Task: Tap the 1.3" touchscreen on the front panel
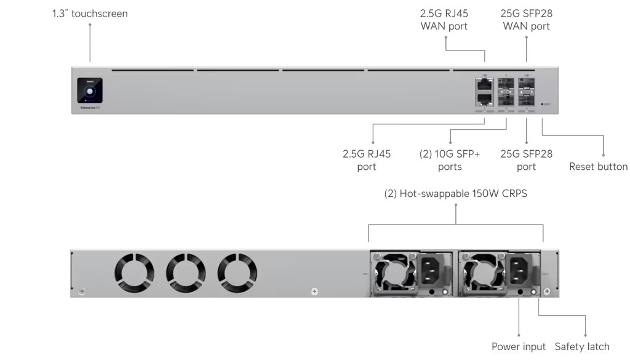click(x=90, y=90)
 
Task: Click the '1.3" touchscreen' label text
click(x=90, y=14)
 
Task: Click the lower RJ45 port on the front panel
click(x=484, y=98)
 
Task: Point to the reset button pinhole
click(x=542, y=104)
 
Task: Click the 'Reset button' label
click(x=598, y=167)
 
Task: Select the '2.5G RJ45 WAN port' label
click(x=444, y=20)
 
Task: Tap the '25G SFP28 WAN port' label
click(x=527, y=20)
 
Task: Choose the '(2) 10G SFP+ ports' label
click(x=450, y=161)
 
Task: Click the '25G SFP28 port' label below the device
click(x=527, y=161)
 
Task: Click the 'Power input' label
click(x=519, y=347)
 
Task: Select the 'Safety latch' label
click(x=582, y=347)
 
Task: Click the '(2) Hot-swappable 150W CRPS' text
click(x=456, y=194)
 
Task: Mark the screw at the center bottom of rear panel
click(x=314, y=291)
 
